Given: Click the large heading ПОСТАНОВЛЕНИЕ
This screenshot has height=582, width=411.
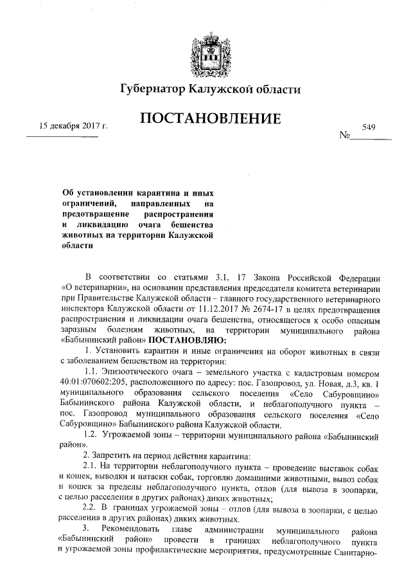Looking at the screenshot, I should [205, 120].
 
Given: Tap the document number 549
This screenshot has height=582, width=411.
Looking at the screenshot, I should [368, 128].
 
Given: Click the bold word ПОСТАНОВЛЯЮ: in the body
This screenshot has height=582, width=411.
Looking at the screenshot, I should [187, 339].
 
